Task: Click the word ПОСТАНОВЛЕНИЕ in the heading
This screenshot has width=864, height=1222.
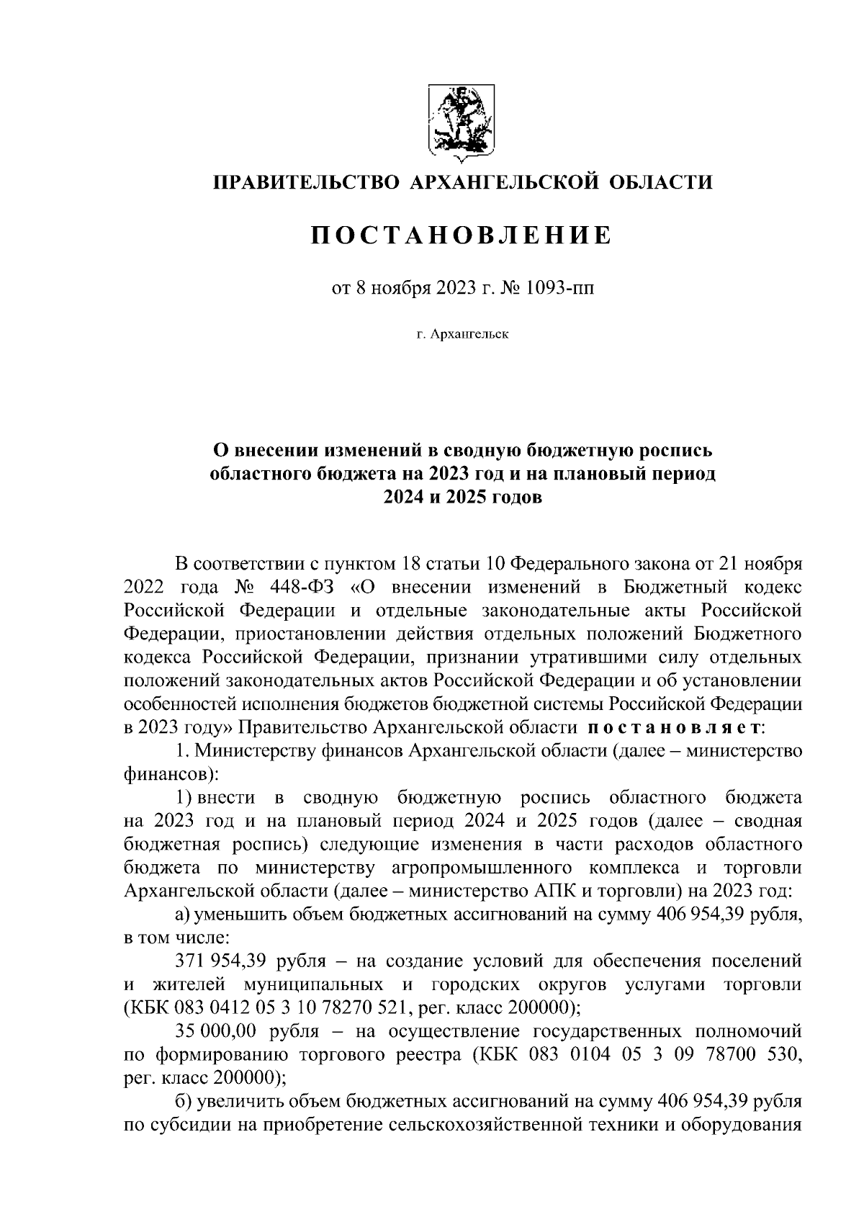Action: click(462, 235)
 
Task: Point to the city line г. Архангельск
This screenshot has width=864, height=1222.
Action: click(462, 335)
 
